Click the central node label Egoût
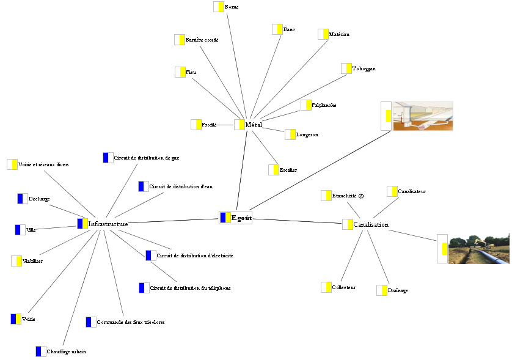tap(241, 218)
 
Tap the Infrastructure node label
tap(108, 224)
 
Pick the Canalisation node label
tap(370, 224)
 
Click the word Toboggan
tap(364, 69)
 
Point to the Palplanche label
tap(324, 106)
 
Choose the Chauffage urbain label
tap(66, 351)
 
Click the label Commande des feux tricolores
tap(130, 322)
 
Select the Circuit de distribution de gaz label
tap(146, 158)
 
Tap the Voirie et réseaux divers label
tap(43, 164)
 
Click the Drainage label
tap(397, 290)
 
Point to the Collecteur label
tap(343, 287)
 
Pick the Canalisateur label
tap(411, 191)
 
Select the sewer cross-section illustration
tap(422, 116)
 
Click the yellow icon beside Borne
tap(218, 7)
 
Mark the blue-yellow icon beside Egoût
tap(225, 218)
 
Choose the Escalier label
tap(288, 170)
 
